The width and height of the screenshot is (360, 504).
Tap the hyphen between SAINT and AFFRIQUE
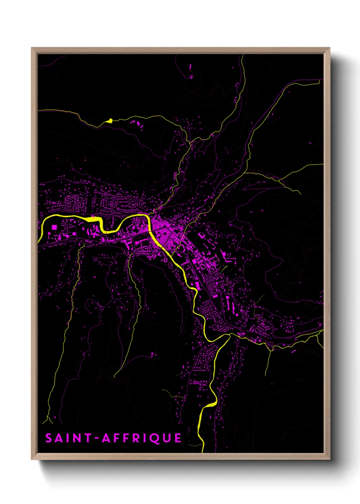(97, 438)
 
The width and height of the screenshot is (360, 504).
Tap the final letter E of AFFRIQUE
(178, 438)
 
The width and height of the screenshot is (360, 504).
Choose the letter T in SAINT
(88, 438)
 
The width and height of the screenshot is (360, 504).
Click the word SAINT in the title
(68, 438)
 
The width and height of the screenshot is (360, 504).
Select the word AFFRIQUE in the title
(142, 438)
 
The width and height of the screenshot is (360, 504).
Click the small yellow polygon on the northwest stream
(109, 120)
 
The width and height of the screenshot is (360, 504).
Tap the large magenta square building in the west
(54, 227)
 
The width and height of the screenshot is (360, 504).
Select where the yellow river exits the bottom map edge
(203, 452)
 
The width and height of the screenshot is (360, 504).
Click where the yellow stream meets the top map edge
(242, 55)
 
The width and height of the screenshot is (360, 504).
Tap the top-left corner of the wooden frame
(32, 48)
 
